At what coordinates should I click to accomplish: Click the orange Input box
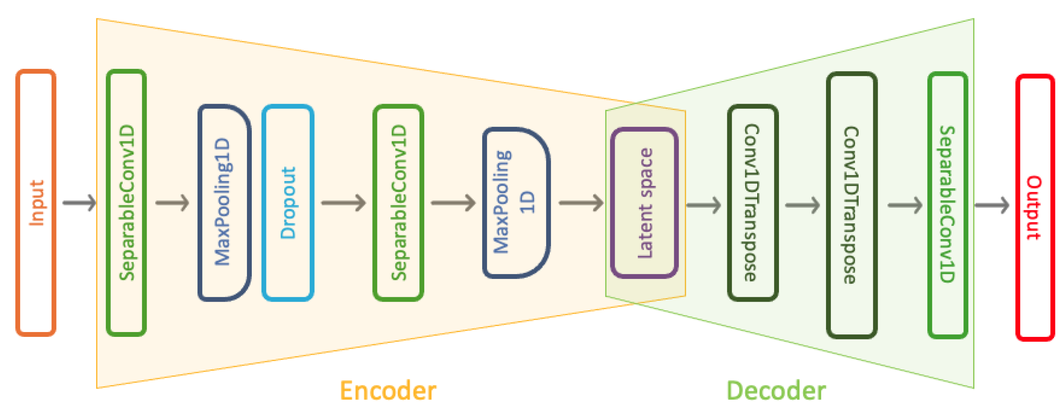[x=36, y=203]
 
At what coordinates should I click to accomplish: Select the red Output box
[x=1034, y=207]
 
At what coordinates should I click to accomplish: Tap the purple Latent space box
[x=644, y=203]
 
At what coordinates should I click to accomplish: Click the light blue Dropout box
[x=288, y=203]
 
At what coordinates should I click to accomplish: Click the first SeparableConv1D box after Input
[x=126, y=203]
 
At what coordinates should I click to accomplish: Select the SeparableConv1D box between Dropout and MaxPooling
[x=398, y=203]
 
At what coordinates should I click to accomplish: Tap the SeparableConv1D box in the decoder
[x=947, y=205]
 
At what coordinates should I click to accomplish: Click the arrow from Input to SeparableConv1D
[x=79, y=203]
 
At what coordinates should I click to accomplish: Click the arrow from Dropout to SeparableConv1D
[x=343, y=203]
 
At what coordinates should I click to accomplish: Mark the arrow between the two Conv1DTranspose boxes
[x=802, y=205]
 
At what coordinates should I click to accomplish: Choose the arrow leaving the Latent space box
[x=703, y=205]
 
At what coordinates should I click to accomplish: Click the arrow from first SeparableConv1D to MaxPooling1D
[x=172, y=203]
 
